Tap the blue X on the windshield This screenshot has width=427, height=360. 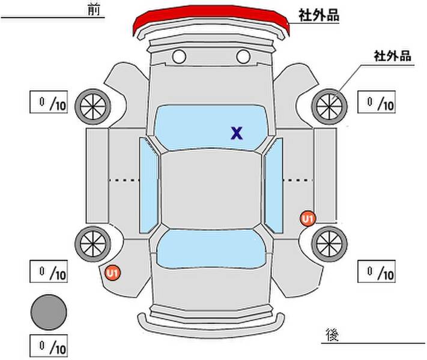click(x=237, y=133)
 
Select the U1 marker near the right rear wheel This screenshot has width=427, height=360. click(x=308, y=219)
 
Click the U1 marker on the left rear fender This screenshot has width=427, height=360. click(x=113, y=272)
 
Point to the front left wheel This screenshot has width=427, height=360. click(x=93, y=107)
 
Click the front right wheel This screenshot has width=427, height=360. click(x=329, y=107)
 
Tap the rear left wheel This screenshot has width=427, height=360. click(x=93, y=244)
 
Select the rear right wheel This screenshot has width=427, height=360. click(x=329, y=244)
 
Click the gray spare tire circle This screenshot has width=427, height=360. click(x=49, y=312)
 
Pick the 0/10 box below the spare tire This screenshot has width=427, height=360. click(x=49, y=346)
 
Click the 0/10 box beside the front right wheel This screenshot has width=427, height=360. click(x=377, y=102)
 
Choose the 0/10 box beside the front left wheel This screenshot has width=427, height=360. click(x=49, y=102)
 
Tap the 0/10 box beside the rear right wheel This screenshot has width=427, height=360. click(x=377, y=271)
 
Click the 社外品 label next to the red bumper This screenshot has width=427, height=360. click(x=319, y=15)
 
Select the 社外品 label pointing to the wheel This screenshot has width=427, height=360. click(x=392, y=56)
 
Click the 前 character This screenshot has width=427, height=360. click(x=94, y=10)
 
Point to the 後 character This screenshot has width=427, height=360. click(x=332, y=334)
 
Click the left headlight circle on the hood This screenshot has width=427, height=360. click(x=179, y=56)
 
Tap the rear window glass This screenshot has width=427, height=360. click(x=211, y=249)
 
